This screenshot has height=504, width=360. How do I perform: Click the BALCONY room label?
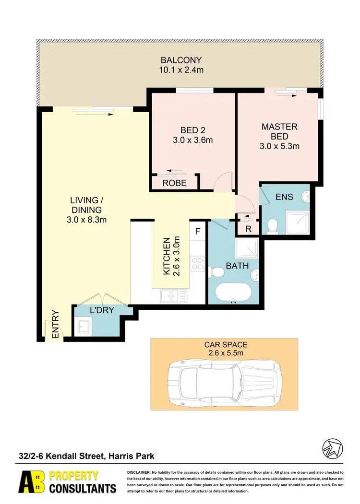[181, 60]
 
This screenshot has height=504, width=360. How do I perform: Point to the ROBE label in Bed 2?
[174, 183]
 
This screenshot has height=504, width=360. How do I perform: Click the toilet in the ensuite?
[273, 225]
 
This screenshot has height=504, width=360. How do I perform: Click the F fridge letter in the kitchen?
[197, 231]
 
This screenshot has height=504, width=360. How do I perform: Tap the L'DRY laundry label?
[102, 310]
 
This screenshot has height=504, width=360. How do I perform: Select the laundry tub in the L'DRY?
[84, 327]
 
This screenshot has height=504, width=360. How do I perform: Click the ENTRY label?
[55, 325]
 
